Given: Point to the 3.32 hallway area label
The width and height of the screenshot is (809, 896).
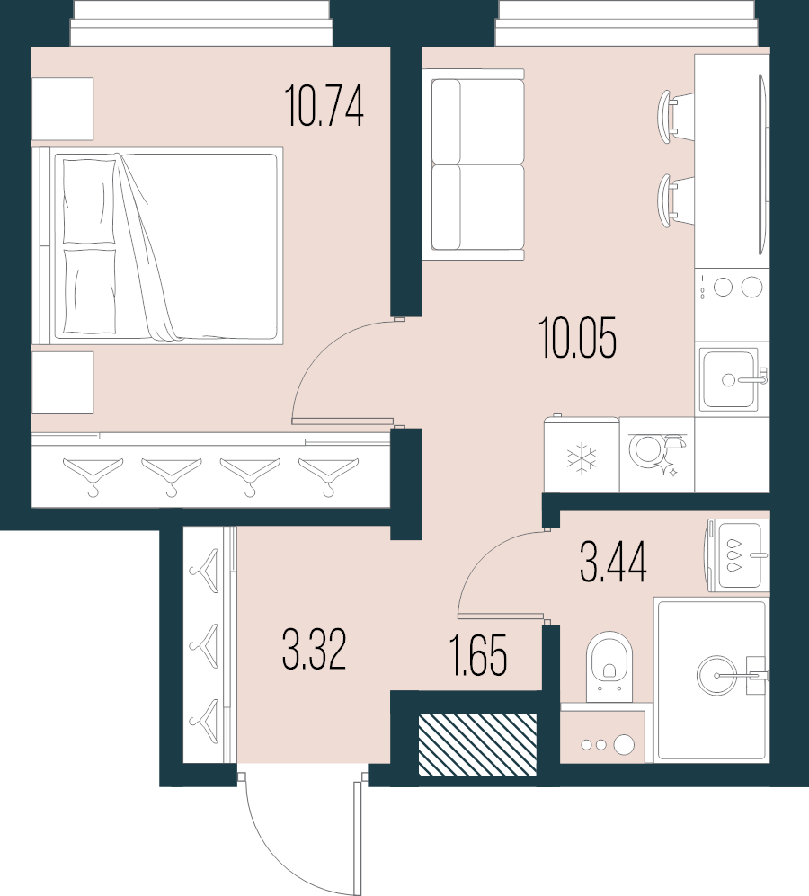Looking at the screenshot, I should [314, 650].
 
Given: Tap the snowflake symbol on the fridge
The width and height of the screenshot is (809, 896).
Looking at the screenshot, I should [582, 457].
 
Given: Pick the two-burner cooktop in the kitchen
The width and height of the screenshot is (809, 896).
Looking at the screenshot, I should [736, 287].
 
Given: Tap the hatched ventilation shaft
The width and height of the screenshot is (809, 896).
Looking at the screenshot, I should [477, 744].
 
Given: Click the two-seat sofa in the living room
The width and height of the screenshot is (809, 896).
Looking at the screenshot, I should [476, 164].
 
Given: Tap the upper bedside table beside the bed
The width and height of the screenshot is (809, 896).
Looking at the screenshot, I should [62, 109].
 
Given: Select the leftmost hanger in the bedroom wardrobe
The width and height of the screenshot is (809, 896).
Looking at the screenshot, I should [92, 473].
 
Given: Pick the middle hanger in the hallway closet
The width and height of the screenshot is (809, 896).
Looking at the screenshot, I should [206, 643].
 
